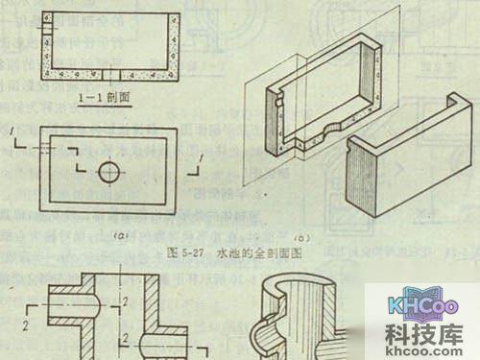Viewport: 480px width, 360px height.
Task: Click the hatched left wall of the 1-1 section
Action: point(48,43)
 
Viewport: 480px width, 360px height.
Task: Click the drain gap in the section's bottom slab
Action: point(112,74)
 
